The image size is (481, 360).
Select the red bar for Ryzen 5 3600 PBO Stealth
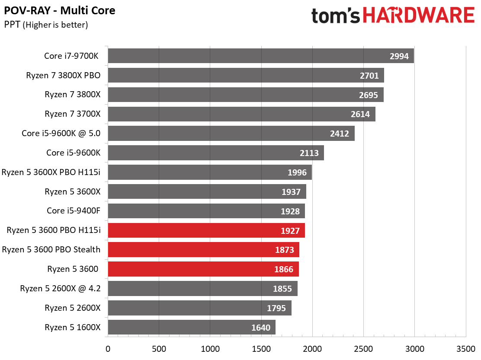[203, 250]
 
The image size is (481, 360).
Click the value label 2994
[399, 56]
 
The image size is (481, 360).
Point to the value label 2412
[339, 134]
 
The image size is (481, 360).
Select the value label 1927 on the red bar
[290, 231]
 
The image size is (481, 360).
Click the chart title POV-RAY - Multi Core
[60, 10]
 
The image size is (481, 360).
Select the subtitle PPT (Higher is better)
[46, 25]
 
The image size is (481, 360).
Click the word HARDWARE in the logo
[419, 16]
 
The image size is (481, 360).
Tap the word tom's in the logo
[336, 16]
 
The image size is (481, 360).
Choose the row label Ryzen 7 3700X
[72, 114]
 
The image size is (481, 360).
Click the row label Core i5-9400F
[74, 211]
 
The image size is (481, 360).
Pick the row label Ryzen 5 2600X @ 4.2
[60, 288]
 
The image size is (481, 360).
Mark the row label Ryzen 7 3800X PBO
[63, 76]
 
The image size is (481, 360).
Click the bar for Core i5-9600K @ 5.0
[231, 134]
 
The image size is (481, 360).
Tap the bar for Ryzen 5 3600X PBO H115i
[209, 172]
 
